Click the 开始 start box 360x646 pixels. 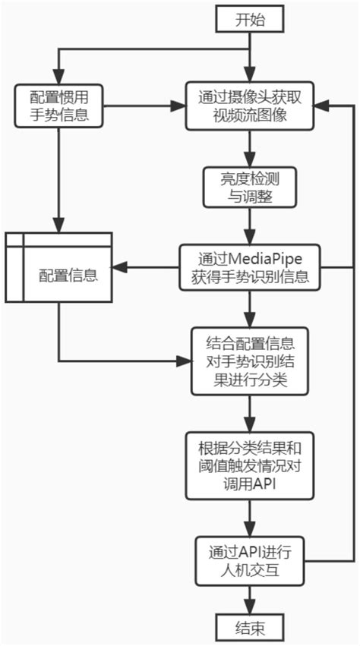point(249,20)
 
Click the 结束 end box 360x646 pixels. point(249,627)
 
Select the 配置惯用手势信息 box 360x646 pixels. point(58,107)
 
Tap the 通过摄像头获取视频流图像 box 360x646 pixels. point(249,107)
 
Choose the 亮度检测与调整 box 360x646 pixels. point(249,187)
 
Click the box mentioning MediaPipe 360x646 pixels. point(249,266)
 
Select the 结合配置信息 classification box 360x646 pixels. point(249,361)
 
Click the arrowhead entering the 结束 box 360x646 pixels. point(249,608)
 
